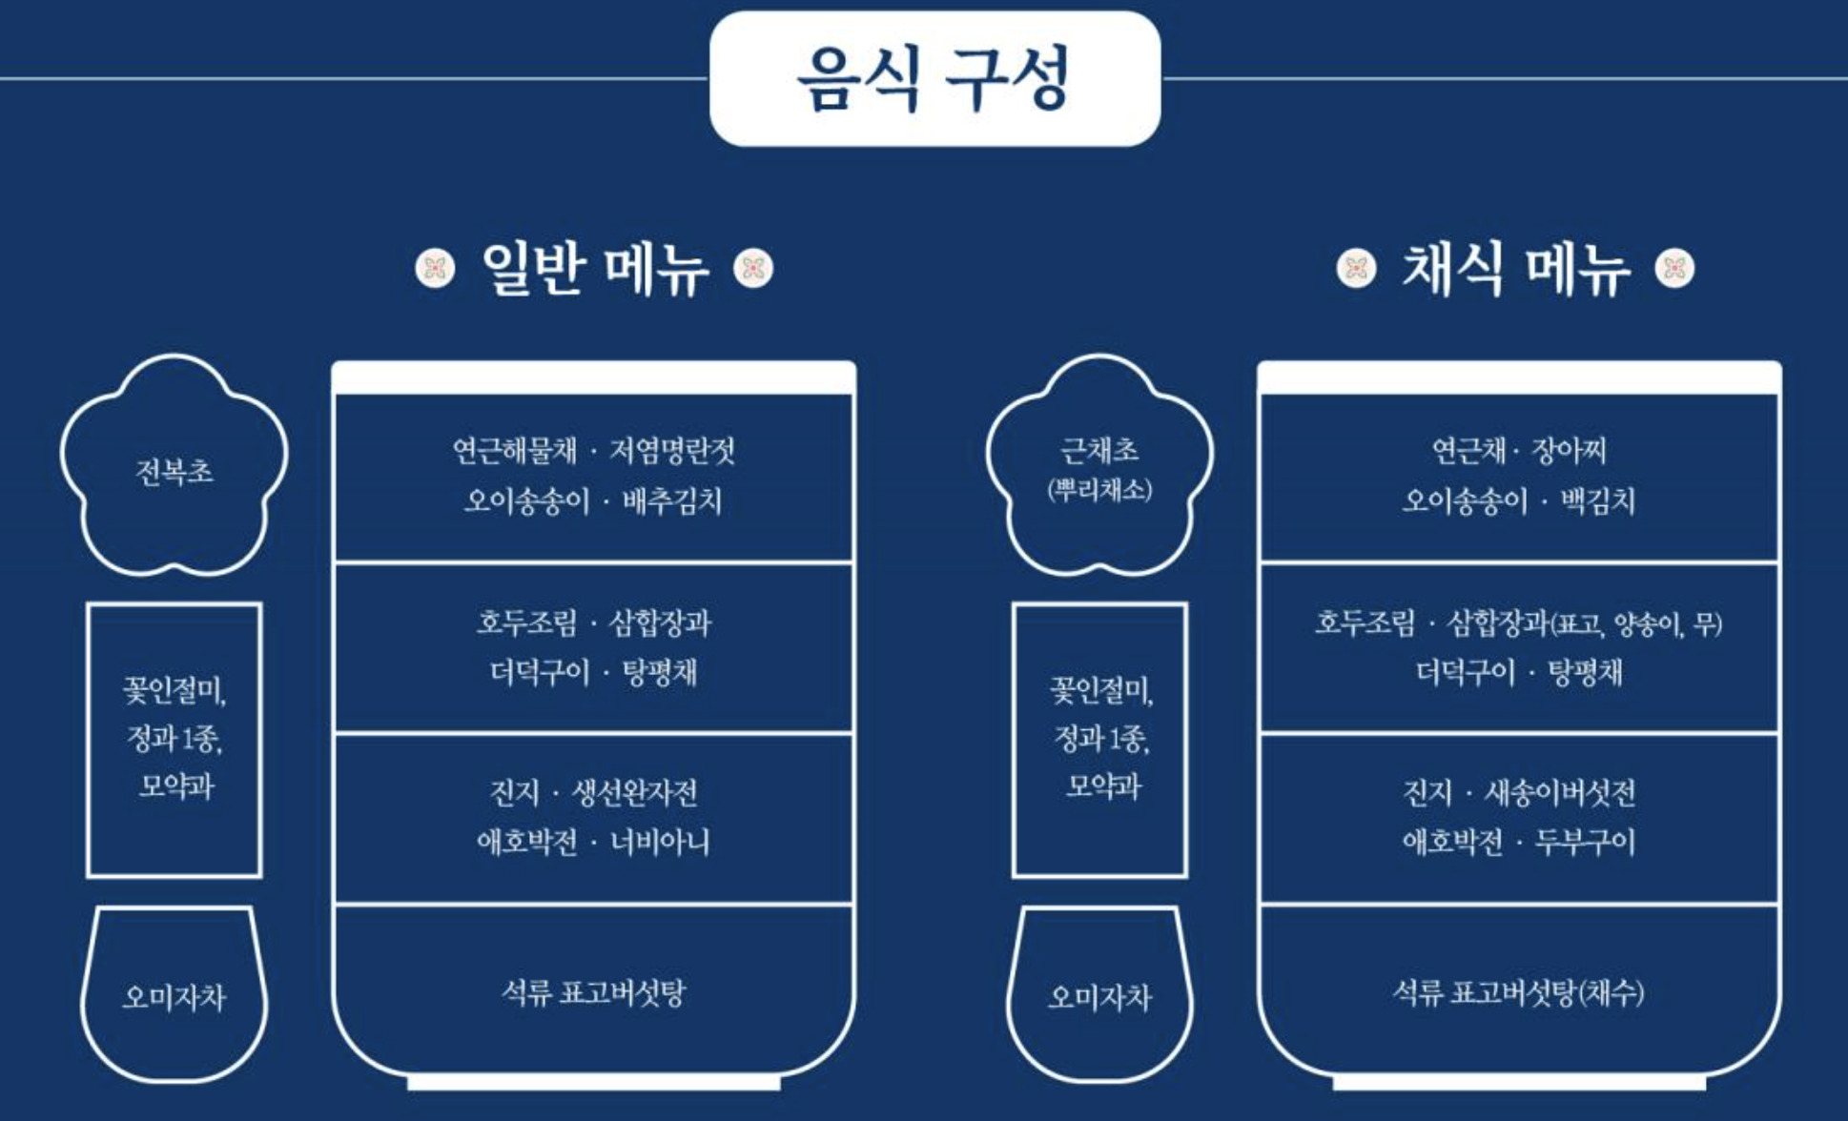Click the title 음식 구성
click(x=934, y=79)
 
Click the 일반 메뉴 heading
click(x=595, y=269)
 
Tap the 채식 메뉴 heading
click(x=1515, y=269)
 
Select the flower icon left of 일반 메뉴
click(x=436, y=269)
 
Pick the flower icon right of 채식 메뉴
click(x=1675, y=269)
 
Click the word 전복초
click(x=175, y=471)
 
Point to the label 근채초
click(x=1099, y=450)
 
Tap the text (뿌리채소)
click(x=1099, y=490)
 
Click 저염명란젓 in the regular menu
click(x=672, y=450)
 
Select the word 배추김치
click(x=672, y=500)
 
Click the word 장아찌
click(x=1570, y=450)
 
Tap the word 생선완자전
click(x=634, y=792)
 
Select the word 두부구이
click(x=1585, y=842)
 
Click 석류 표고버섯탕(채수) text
click(x=1518, y=993)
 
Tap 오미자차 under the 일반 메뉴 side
click(x=175, y=997)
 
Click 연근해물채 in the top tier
click(x=515, y=450)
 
